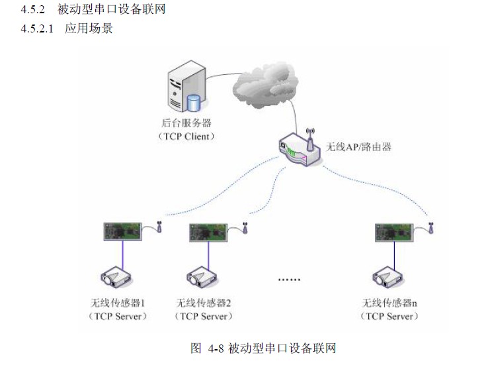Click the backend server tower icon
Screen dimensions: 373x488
(x=186, y=89)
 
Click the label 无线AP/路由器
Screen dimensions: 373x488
(x=359, y=146)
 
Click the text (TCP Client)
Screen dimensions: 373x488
(x=186, y=136)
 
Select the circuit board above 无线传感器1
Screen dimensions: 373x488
(x=123, y=231)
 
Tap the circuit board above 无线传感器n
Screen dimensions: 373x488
(x=395, y=231)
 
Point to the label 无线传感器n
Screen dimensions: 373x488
(x=390, y=303)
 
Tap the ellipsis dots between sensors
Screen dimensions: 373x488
(x=289, y=280)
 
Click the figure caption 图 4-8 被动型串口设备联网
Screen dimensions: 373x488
(x=263, y=348)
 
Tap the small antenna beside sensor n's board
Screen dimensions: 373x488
(x=430, y=228)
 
